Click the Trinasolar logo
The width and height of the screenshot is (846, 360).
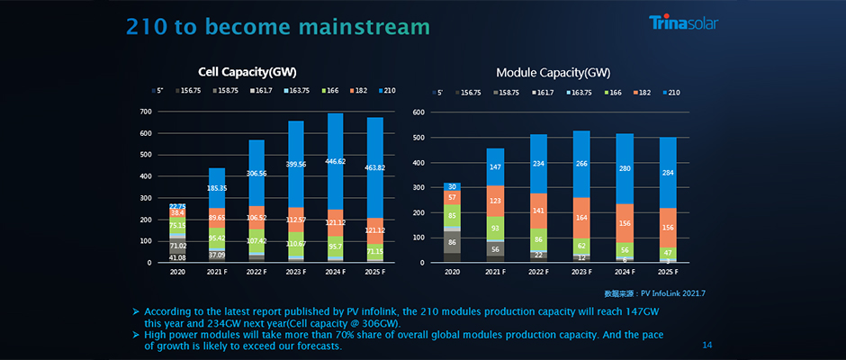click(683, 23)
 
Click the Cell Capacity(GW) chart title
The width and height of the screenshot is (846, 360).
click(247, 71)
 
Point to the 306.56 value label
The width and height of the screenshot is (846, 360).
click(257, 173)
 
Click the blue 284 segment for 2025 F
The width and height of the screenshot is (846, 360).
click(668, 174)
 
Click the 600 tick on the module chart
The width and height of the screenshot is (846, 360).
click(418, 112)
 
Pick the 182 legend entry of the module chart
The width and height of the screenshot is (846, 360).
click(641, 92)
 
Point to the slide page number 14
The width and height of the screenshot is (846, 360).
click(706, 345)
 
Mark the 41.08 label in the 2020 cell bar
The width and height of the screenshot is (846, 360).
click(177, 257)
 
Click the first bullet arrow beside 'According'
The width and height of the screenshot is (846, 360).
click(135, 310)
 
